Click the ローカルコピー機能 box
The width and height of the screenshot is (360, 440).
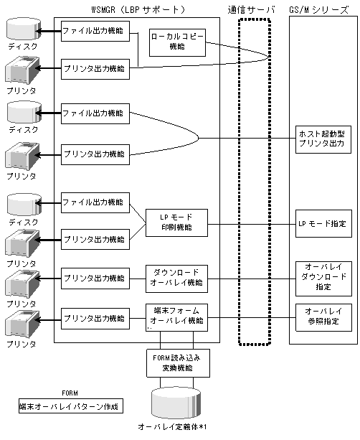(x=177, y=42)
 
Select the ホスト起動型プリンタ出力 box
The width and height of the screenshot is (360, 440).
(x=323, y=139)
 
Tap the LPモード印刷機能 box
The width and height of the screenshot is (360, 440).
(x=176, y=223)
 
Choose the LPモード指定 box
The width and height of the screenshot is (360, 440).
(x=323, y=224)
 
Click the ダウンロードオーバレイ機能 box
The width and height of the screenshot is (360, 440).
(x=176, y=278)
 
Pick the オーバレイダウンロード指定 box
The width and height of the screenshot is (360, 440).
(x=323, y=278)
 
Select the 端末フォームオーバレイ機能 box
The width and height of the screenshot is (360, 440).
(x=176, y=317)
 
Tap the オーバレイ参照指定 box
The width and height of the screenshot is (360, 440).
(x=323, y=317)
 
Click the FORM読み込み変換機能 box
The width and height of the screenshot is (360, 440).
(x=178, y=363)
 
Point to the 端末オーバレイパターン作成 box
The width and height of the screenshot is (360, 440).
(x=71, y=406)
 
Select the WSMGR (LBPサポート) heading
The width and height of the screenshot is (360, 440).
(x=138, y=10)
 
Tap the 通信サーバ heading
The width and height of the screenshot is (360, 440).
(x=251, y=10)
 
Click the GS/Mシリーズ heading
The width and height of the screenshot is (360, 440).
(x=319, y=10)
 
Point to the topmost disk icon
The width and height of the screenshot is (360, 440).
(x=24, y=29)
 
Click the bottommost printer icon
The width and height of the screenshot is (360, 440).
(x=22, y=324)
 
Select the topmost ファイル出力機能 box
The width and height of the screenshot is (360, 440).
(x=95, y=31)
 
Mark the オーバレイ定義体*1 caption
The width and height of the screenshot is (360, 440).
(x=172, y=427)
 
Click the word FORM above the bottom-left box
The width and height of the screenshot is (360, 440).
(x=70, y=393)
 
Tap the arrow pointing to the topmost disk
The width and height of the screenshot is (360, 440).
(x=48, y=31)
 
